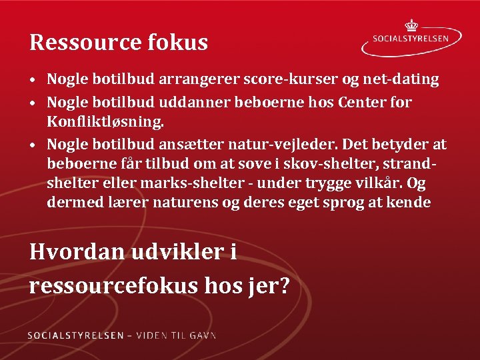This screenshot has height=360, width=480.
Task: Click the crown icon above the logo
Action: pos(411,25)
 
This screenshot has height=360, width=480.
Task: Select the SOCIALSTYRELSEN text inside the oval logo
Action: pos(412,38)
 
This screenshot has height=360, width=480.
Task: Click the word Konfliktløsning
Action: pos(105,123)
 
